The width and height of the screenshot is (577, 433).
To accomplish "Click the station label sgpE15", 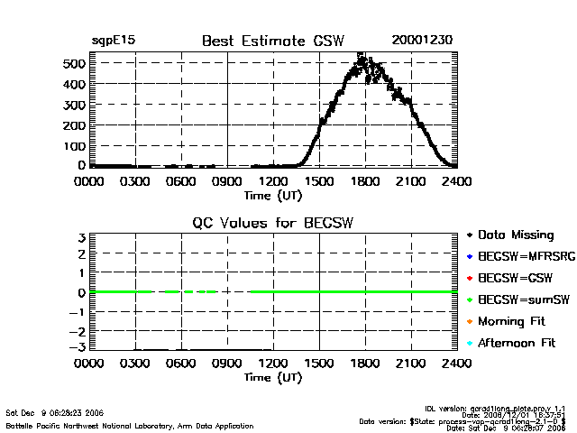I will tap(113, 41).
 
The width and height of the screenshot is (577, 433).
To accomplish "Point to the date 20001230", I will tap(422, 41).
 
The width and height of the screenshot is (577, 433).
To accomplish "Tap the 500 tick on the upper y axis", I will tap(74, 63).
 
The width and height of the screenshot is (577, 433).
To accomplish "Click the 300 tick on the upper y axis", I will tap(74, 105).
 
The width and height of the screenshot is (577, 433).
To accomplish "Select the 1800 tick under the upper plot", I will tap(365, 181).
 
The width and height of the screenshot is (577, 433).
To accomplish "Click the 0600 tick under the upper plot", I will tap(181, 181).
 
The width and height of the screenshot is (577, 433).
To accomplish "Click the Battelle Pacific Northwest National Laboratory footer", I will tap(130, 425).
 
